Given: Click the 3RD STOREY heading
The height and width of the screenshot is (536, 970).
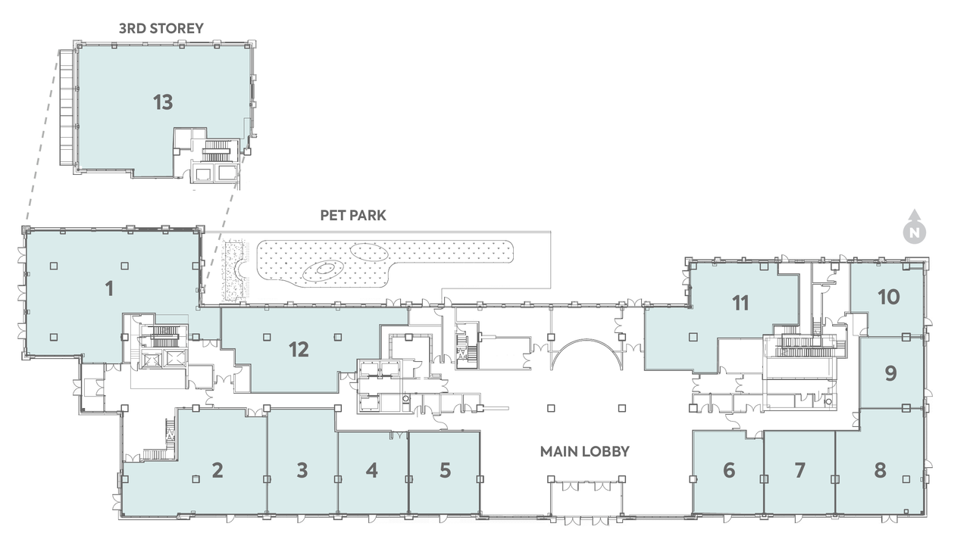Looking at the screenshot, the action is point(161,29).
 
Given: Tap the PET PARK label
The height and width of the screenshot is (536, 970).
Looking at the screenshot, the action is point(353,216).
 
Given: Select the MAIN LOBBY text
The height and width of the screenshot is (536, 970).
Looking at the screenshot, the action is point(584,452).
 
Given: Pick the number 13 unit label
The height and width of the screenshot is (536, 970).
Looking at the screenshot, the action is point(163,102).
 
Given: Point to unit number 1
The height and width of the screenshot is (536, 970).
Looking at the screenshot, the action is point(110,289).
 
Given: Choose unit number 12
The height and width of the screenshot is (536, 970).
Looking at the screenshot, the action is point(299,350).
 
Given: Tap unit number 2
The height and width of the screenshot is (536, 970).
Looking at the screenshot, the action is point(217,470).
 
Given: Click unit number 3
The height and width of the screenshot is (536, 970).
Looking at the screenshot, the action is point(302,470).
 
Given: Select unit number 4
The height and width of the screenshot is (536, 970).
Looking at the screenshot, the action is point(372,470).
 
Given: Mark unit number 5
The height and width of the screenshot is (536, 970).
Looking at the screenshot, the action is point(445,470).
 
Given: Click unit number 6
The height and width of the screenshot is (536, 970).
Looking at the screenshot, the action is point(729,470).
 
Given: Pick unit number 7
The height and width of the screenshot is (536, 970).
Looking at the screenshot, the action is point(799,470).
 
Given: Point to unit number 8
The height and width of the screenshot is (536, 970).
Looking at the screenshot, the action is point(880,470).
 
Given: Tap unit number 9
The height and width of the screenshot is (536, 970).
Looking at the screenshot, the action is point(890,374).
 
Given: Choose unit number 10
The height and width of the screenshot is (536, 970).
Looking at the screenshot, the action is point(889,298).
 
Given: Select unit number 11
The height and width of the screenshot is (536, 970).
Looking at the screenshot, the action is point(740,304).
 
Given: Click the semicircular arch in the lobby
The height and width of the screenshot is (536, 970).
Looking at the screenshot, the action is point(587,340).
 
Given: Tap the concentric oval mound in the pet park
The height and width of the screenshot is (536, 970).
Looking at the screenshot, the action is point(322,270).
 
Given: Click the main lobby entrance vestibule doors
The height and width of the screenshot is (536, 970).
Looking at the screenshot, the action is point(587,485).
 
